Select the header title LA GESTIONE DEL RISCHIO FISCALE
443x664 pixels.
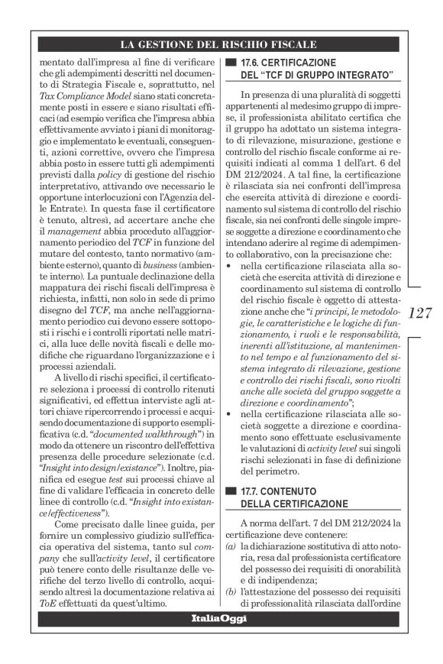point(221,44)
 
